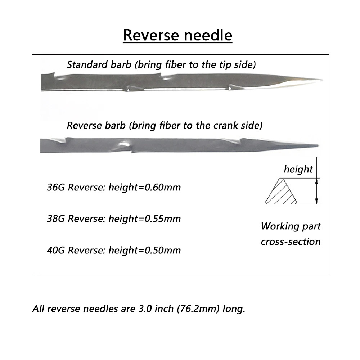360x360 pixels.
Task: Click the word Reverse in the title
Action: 151,35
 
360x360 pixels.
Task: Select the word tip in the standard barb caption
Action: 225,65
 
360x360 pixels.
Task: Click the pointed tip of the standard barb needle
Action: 322,80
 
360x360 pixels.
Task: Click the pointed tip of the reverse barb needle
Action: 318,145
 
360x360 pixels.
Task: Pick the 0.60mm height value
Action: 163,187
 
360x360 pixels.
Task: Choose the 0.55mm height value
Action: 163,219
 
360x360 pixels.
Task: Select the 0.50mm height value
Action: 163,250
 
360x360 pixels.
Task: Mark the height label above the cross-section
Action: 298,170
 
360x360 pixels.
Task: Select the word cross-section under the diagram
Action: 291,242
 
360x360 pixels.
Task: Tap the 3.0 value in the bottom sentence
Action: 145,309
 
